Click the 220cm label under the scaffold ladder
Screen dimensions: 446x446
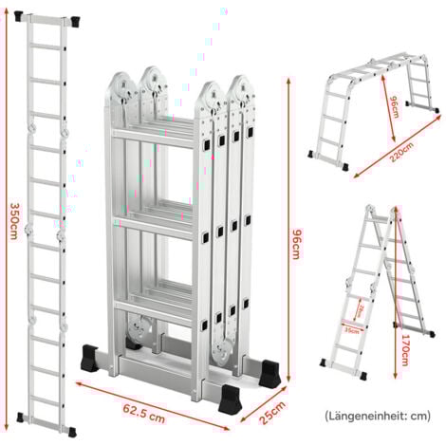click(374, 158)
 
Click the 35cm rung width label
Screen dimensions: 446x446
click(354, 329)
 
